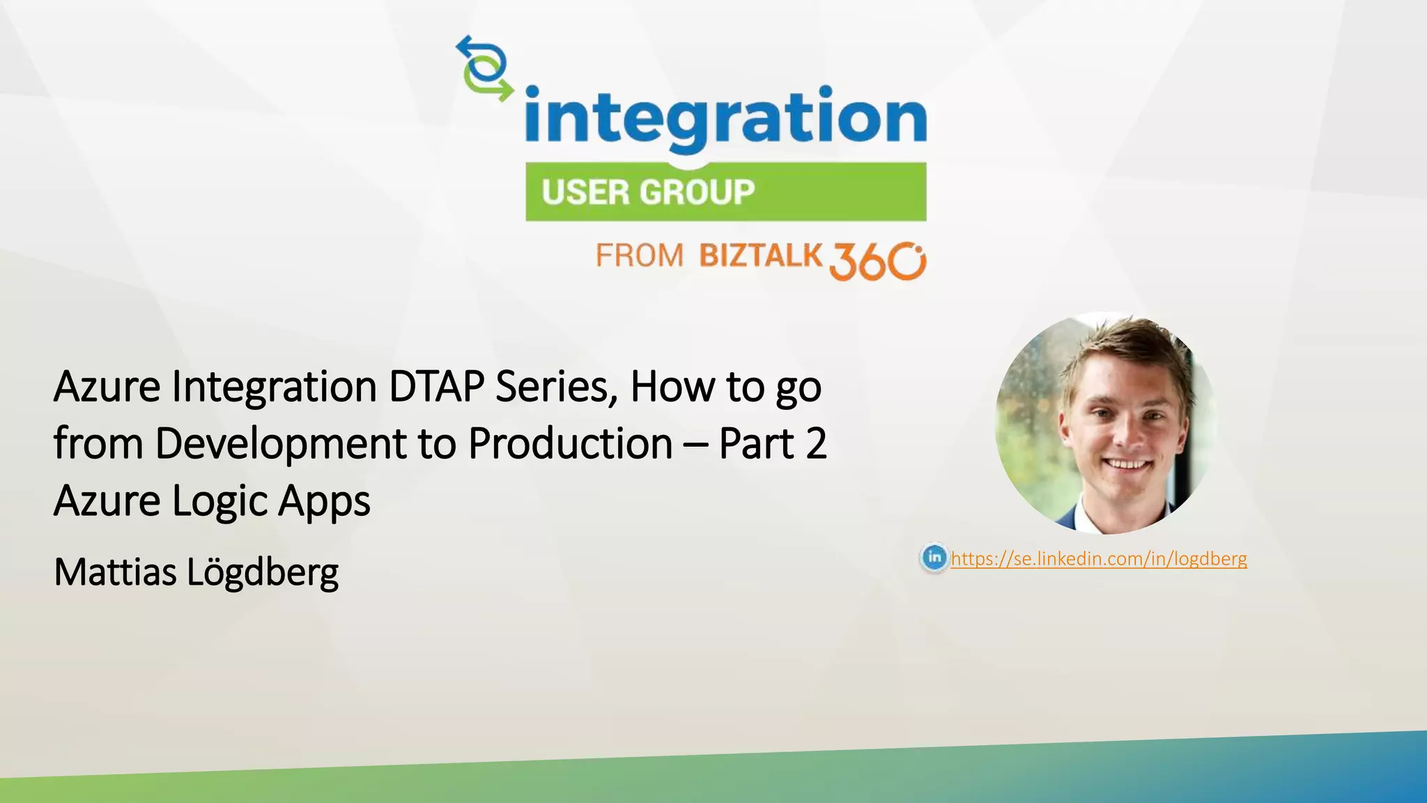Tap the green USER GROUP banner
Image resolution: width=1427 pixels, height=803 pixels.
pyautogui.click(x=725, y=192)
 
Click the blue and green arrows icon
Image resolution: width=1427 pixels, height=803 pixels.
pyautogui.click(x=484, y=68)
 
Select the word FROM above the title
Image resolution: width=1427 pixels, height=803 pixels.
pyautogui.click(x=639, y=256)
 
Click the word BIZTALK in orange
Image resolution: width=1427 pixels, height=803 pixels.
pyautogui.click(x=761, y=256)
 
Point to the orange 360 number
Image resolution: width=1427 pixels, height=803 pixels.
pyautogui.click(x=877, y=261)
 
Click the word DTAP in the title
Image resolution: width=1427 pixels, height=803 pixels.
pyautogui.click(x=436, y=387)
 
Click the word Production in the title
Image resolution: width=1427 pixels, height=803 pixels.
pyautogui.click(x=570, y=444)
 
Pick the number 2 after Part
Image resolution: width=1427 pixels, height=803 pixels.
pyautogui.click(x=815, y=444)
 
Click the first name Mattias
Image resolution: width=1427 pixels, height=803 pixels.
pyautogui.click(x=115, y=572)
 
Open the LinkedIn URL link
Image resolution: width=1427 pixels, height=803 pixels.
pyautogui.click(x=1098, y=558)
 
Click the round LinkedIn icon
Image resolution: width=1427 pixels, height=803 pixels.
pyautogui.click(x=934, y=558)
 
